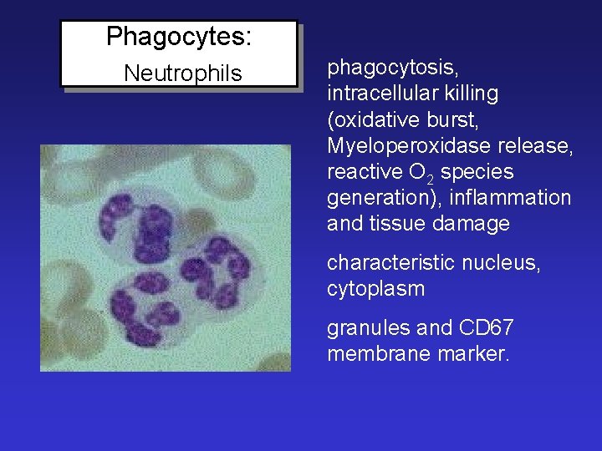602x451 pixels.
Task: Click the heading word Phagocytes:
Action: coord(180,37)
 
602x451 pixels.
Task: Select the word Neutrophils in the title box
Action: coord(182,73)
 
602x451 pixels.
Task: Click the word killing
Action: coord(473,94)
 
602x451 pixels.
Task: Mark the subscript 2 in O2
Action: coord(427,177)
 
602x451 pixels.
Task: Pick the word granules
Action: coord(363,327)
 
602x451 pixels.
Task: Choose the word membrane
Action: coord(377,353)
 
